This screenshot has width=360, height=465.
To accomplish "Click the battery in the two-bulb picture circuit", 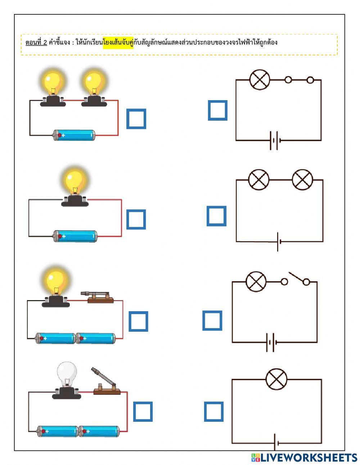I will (x=74, y=135).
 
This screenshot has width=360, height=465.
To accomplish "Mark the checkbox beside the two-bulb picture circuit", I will (x=136, y=119).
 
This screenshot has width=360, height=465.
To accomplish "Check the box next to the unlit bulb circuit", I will (x=143, y=412).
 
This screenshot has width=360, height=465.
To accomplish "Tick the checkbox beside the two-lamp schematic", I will (x=216, y=216).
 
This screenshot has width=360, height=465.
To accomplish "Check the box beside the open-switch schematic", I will (x=212, y=321).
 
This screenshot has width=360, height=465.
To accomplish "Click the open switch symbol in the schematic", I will (x=295, y=280).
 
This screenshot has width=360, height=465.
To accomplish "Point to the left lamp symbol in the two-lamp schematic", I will (x=259, y=179).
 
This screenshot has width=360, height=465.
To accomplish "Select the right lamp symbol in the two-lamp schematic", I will (x=302, y=179).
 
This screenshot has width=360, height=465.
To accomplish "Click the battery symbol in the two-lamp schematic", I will (x=278, y=242).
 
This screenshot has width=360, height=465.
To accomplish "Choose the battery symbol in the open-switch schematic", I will (x=271, y=342).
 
